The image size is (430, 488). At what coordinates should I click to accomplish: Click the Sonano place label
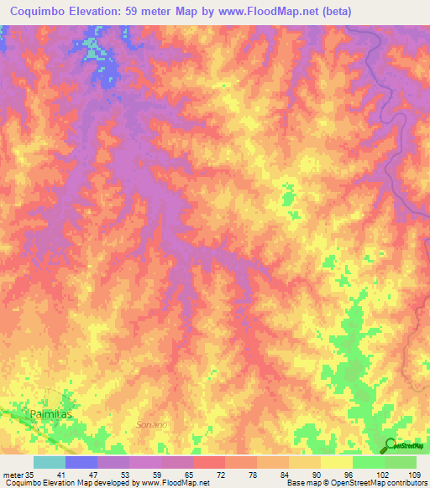coord(152,425)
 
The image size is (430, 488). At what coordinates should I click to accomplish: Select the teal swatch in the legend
coord(50,462)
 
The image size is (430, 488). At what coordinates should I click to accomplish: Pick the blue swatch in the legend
coord(81,462)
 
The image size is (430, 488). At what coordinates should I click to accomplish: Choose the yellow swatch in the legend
coord(337,462)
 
